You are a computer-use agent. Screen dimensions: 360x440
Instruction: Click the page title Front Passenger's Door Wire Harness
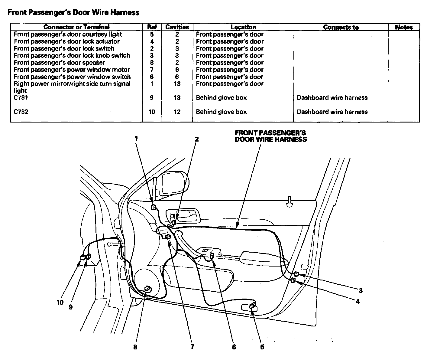click(73, 12)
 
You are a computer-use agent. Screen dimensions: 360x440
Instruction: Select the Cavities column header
click(177, 27)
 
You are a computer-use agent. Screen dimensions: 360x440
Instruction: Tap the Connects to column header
click(341, 27)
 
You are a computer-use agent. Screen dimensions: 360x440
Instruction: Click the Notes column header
click(404, 27)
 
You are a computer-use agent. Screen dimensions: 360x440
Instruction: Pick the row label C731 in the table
click(21, 98)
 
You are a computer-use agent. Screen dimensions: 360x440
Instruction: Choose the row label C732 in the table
click(21, 112)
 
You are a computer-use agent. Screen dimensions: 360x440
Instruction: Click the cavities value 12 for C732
click(177, 112)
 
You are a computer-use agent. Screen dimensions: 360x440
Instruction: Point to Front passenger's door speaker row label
click(60, 63)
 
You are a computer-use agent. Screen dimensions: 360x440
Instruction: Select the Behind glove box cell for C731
click(221, 98)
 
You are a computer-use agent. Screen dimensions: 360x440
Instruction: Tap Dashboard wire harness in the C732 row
click(332, 112)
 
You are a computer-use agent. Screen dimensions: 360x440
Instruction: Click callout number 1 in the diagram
click(136, 139)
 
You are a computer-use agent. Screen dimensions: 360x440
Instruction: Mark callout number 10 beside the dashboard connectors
click(60, 302)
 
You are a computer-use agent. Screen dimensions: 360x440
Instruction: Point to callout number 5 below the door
click(262, 347)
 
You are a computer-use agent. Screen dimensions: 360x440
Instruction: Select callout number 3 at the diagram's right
click(361, 291)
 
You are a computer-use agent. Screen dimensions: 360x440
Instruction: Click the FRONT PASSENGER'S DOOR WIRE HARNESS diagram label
click(270, 136)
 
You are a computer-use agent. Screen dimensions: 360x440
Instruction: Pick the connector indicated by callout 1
click(154, 207)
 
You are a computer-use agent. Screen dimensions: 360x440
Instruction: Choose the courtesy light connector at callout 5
click(252, 306)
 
